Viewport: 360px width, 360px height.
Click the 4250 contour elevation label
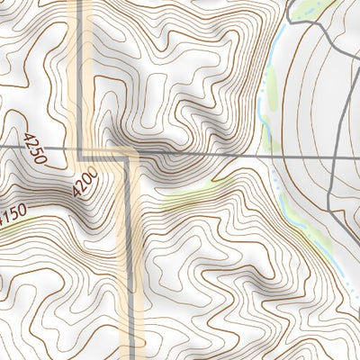click(36, 148)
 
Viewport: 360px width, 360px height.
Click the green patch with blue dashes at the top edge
click(310, 7)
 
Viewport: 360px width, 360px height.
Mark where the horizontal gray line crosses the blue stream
click(273, 154)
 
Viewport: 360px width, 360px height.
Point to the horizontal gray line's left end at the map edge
click(2, 146)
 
